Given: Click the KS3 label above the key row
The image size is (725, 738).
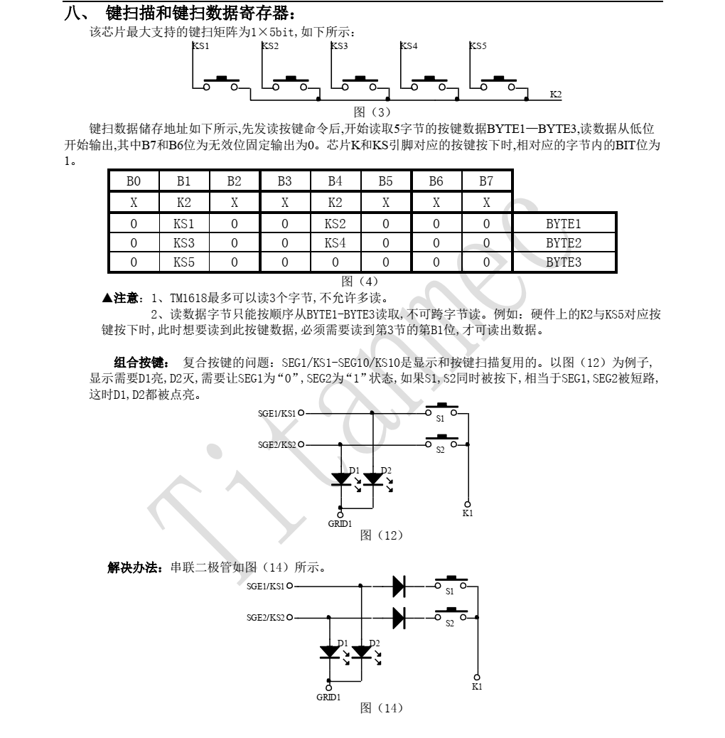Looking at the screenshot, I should click(x=339, y=46).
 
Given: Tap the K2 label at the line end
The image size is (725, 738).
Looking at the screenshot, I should click(x=556, y=94).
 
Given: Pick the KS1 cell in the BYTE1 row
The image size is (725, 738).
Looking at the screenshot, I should click(x=183, y=223).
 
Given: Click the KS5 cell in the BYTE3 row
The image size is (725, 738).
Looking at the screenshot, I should click(x=183, y=262).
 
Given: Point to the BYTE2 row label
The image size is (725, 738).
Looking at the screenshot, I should click(x=564, y=242).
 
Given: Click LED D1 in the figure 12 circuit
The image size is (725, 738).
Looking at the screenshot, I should click(x=343, y=479).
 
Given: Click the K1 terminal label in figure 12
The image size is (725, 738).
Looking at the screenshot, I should click(x=467, y=514).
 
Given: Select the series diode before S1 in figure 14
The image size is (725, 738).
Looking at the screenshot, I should click(x=399, y=587).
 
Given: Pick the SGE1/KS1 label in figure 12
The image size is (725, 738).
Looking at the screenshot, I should click(x=276, y=412).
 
